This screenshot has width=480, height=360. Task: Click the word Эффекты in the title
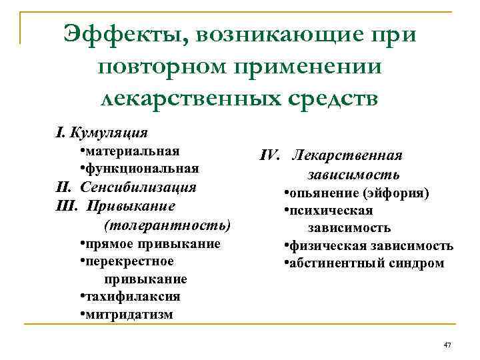[119, 33]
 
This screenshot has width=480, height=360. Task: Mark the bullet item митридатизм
[129, 314]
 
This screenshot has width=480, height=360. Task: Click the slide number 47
[447, 344]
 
